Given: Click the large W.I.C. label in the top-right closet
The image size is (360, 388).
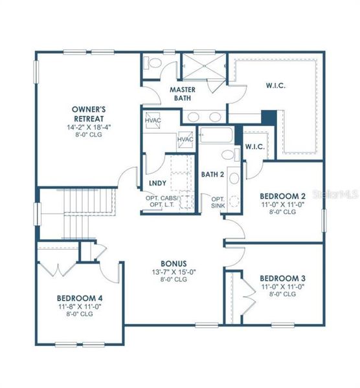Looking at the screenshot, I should pos(275,84).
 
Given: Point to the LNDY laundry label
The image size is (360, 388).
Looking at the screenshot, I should pos(157,184).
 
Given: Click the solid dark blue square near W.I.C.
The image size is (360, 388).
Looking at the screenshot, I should pos(267,118).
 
